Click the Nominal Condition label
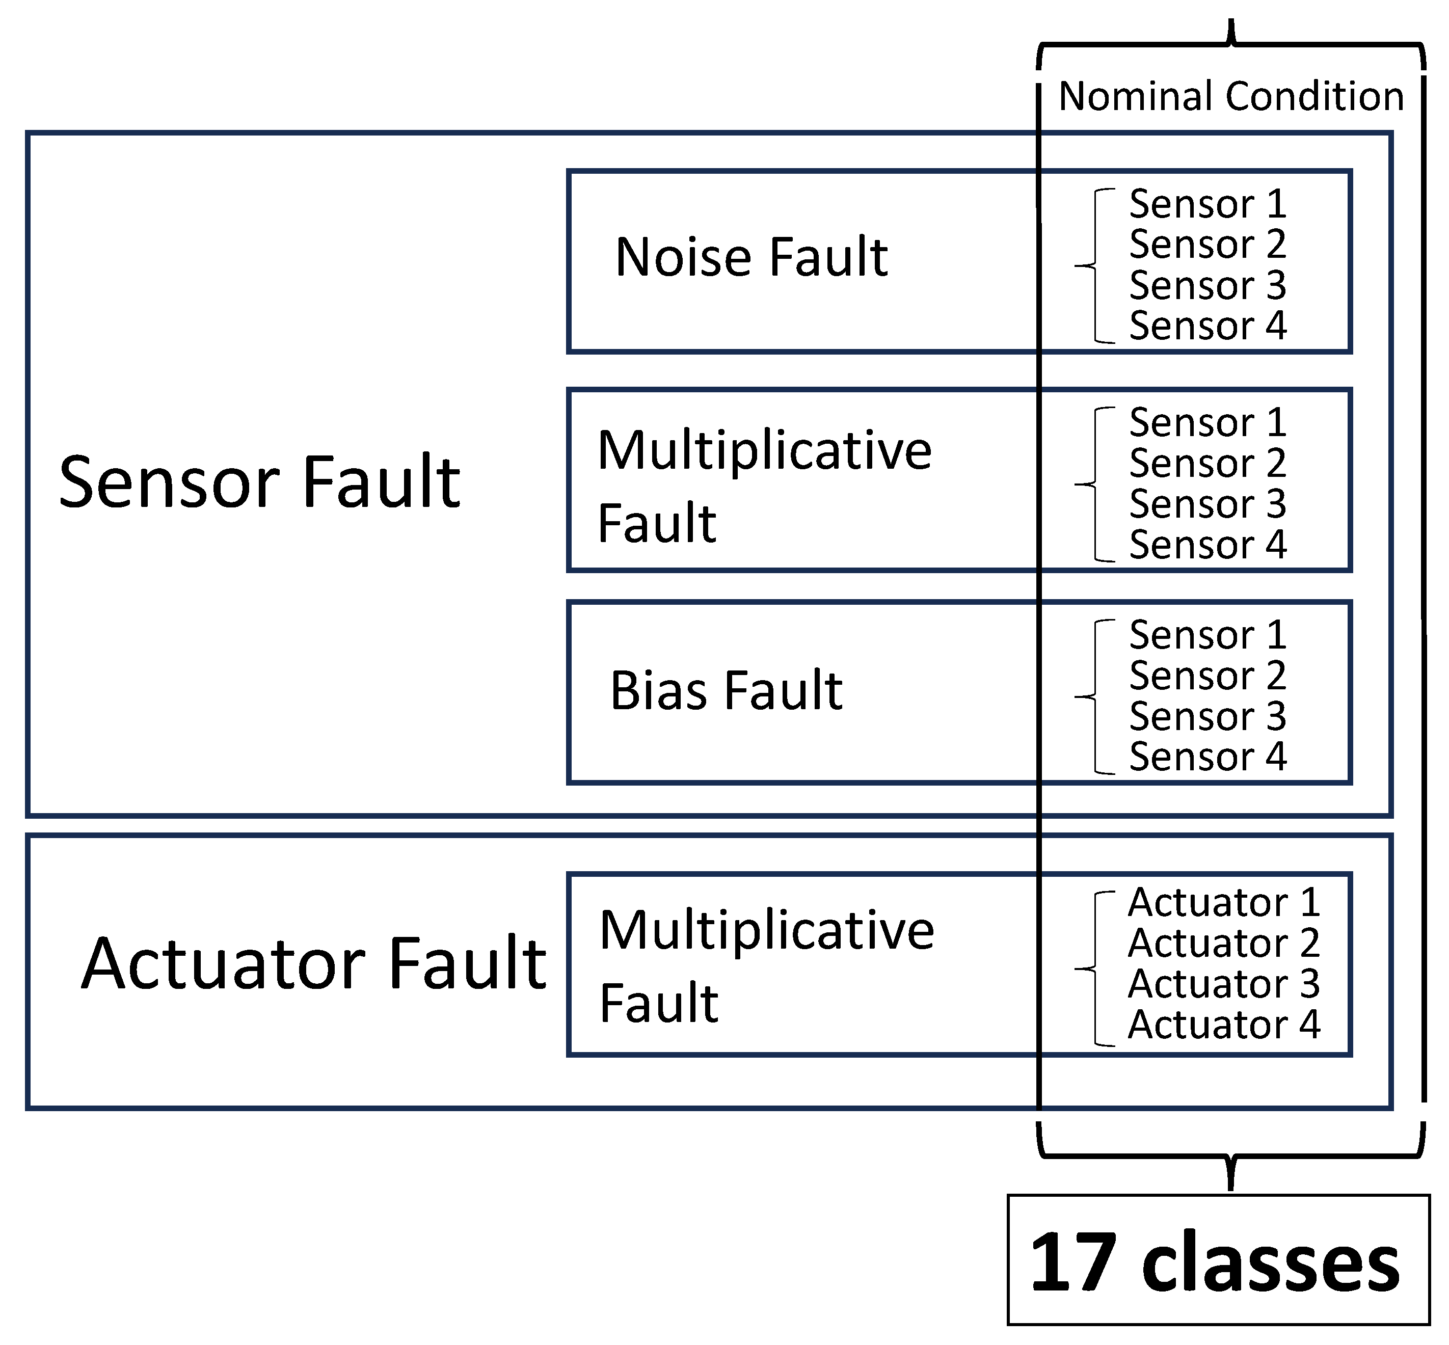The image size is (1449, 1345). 1230,97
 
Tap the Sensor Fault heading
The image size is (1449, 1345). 259,482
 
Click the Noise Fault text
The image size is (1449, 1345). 751,258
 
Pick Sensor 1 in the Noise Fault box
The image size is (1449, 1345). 1206,204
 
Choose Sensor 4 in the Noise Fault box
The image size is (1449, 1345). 1206,326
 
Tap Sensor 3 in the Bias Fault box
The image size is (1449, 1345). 1206,716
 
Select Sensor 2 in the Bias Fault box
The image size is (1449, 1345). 1206,676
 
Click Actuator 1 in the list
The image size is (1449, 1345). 1223,902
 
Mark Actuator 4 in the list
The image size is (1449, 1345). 1223,1025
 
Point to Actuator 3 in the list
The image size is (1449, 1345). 1223,984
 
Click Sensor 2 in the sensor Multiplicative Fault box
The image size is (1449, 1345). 1206,463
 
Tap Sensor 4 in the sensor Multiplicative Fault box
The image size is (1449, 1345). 1206,545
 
